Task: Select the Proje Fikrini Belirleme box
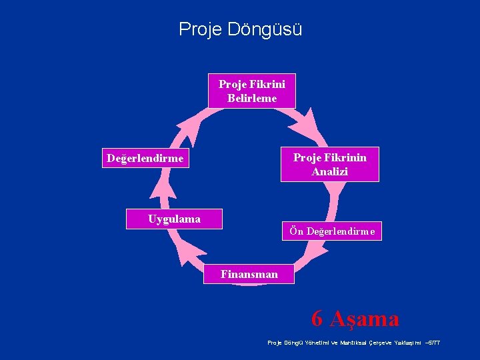click(252, 91)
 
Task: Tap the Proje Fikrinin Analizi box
click(329, 164)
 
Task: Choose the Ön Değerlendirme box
click(332, 231)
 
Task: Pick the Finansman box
click(249, 273)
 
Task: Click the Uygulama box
click(174, 219)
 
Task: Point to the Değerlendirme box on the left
click(145, 159)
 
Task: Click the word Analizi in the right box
click(329, 171)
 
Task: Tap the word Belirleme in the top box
click(252, 99)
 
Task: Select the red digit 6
click(317, 319)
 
